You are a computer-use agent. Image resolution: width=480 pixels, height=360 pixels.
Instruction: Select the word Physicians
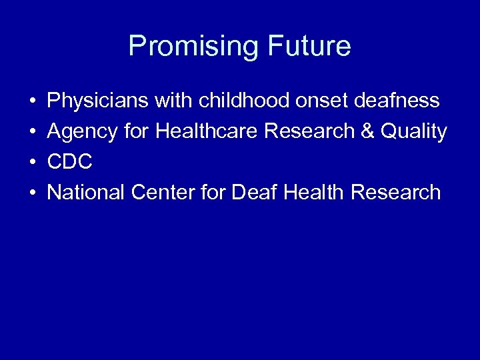tap(99, 101)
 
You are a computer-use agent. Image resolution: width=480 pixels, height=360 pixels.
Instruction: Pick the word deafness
tap(399, 101)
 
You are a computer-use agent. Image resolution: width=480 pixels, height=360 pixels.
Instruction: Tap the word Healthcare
tap(207, 131)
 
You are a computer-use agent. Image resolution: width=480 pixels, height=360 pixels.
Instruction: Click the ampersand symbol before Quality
tap(366, 131)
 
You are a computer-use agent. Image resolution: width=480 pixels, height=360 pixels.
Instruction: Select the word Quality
tap(413, 132)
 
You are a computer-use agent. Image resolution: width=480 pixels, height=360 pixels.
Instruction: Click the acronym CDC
tap(70, 162)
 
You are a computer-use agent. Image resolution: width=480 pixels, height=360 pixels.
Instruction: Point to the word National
tap(87, 193)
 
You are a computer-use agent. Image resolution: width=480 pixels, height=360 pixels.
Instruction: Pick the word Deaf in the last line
tap(254, 193)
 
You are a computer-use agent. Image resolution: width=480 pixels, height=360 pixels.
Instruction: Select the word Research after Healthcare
tap(311, 131)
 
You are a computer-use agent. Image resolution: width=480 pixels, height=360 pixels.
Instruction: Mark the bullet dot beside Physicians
tap(32, 102)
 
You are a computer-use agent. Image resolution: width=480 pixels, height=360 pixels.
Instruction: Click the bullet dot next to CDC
tap(32, 163)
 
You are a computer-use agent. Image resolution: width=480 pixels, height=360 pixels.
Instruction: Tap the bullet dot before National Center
tap(32, 193)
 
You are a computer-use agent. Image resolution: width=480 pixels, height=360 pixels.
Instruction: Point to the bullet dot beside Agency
tap(32, 132)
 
